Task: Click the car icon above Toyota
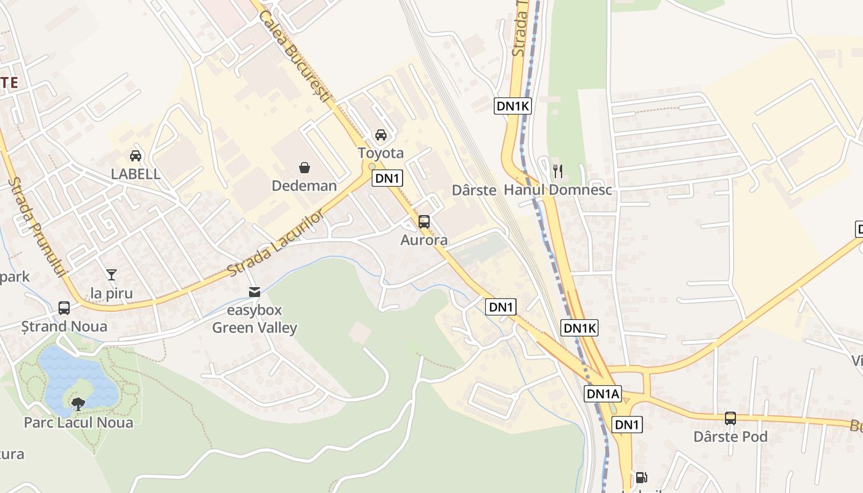pos(381,135)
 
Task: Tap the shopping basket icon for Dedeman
pos(305,167)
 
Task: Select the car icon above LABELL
pos(136,156)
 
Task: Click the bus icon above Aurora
pos(424,222)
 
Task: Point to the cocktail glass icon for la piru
pos(112,275)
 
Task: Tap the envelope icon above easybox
pos(254,292)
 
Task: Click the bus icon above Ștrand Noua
pos(64,308)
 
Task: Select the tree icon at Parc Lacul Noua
pos(78,404)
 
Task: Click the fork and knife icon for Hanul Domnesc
pos(558,171)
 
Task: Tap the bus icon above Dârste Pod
pos(730,418)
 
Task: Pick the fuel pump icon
pos(641,478)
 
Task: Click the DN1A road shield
pos(603,394)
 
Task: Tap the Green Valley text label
pos(255,328)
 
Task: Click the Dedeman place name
pos(305,186)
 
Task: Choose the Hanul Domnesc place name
pos(558,190)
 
